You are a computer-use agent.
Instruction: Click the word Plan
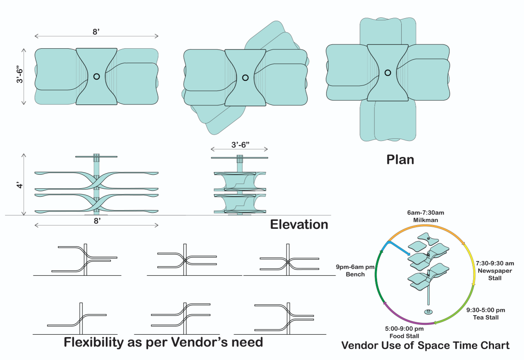point(400,159)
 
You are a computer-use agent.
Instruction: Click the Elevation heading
point(299,224)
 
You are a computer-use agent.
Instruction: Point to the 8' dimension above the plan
point(97,32)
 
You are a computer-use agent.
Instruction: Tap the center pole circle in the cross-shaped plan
point(387,73)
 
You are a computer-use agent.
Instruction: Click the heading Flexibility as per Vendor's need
point(163,342)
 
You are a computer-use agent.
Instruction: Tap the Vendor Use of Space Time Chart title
point(425,346)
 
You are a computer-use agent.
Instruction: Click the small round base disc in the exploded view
point(428,312)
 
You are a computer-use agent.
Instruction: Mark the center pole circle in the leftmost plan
point(97,77)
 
